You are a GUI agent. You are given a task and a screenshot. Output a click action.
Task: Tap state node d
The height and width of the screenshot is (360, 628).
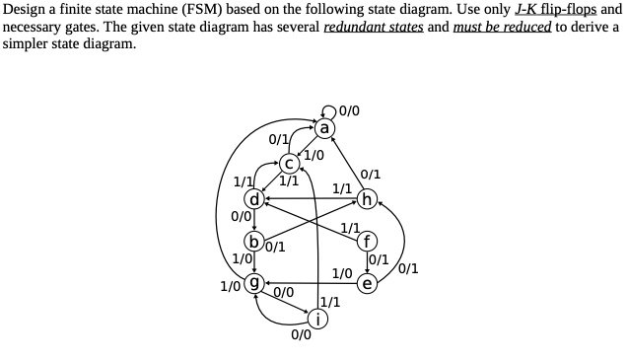click(x=255, y=199)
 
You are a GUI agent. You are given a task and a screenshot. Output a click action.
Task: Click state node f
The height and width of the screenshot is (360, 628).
click(x=368, y=242)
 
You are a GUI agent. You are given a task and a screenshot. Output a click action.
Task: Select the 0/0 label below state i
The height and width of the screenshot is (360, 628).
click(x=302, y=336)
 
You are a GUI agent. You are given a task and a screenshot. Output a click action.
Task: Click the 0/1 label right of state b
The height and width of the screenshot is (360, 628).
click(x=276, y=248)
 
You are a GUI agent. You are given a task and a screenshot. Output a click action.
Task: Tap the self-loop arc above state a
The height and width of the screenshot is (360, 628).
click(x=325, y=109)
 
